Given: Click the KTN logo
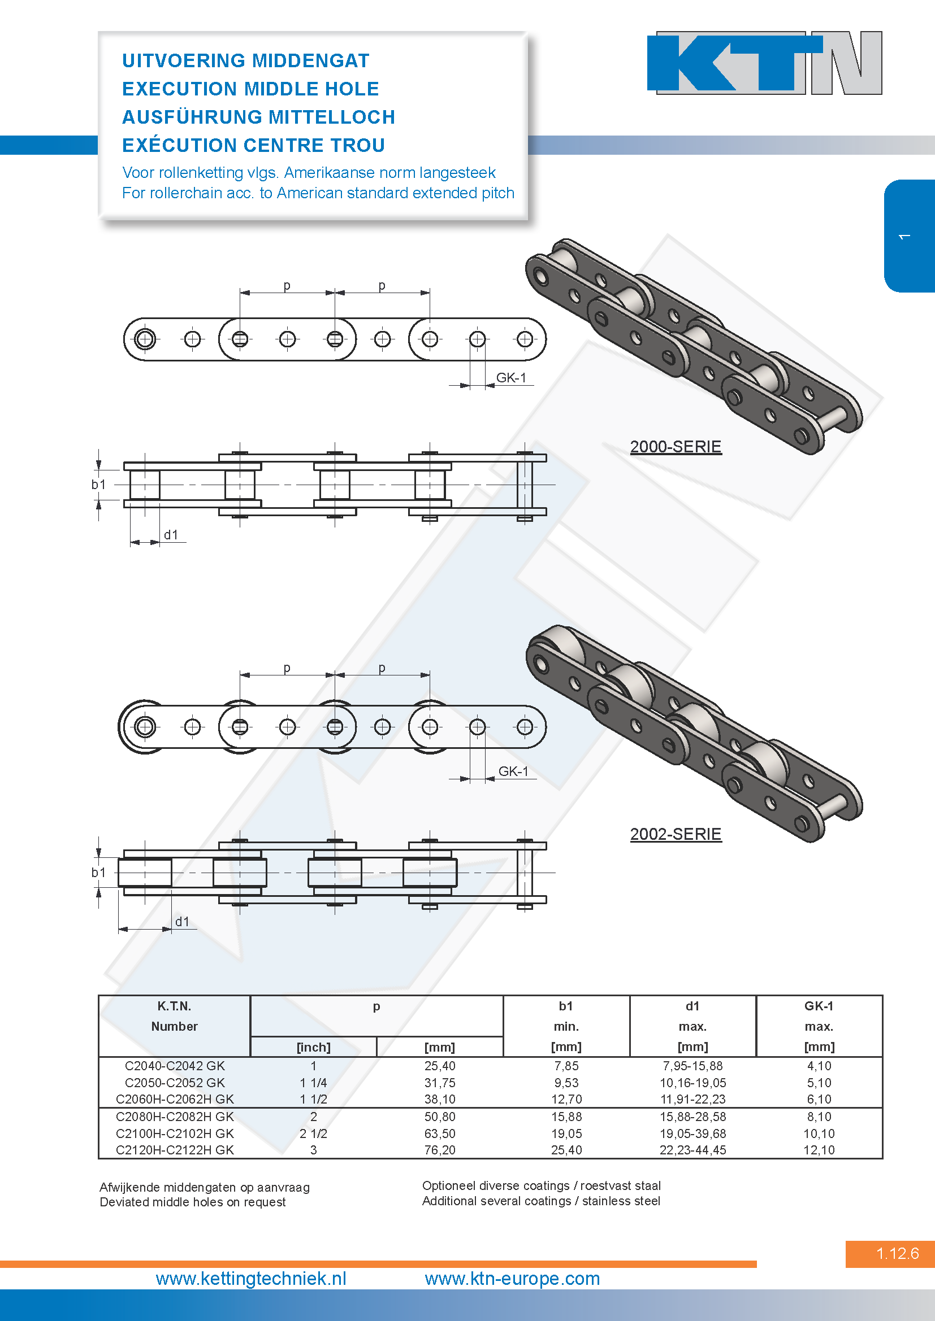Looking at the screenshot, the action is pos(765,63).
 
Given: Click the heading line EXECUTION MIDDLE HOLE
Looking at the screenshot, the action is pos(250,89).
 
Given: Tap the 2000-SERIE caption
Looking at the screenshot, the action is pos(676,447).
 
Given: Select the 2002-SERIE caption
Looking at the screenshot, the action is pos(676,834).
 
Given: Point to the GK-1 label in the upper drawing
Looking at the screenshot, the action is pos(511,377).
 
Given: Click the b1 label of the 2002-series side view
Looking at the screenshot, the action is pos(98,872).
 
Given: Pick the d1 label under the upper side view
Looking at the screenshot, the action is pos(171,534).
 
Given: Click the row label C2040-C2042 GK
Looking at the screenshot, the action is pos(175,1066).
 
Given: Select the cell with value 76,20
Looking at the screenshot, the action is pos(440,1149).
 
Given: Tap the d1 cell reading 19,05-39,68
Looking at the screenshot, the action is pos(692,1133).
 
